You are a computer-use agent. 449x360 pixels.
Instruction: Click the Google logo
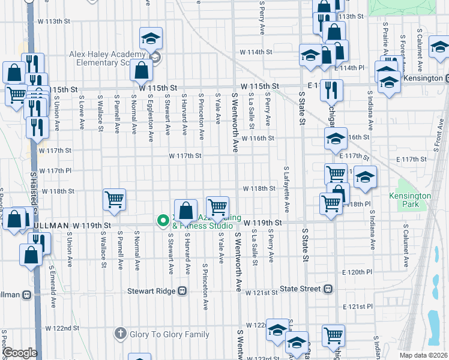[x=20, y=353]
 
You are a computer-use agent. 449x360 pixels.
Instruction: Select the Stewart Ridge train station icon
[x=182, y=291]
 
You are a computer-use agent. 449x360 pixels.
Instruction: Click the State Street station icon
[x=328, y=289]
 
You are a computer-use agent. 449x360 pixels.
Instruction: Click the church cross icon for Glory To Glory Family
[x=121, y=333]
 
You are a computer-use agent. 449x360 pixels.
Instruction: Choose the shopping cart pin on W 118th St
[x=114, y=199]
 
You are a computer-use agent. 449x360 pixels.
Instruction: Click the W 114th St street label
[x=256, y=52]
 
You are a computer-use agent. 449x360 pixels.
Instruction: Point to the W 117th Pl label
[x=56, y=171]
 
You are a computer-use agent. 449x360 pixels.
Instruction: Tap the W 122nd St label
[x=63, y=328]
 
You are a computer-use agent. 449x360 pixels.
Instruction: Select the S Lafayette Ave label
[x=287, y=190]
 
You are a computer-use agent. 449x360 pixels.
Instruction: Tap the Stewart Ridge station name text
[x=151, y=291]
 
